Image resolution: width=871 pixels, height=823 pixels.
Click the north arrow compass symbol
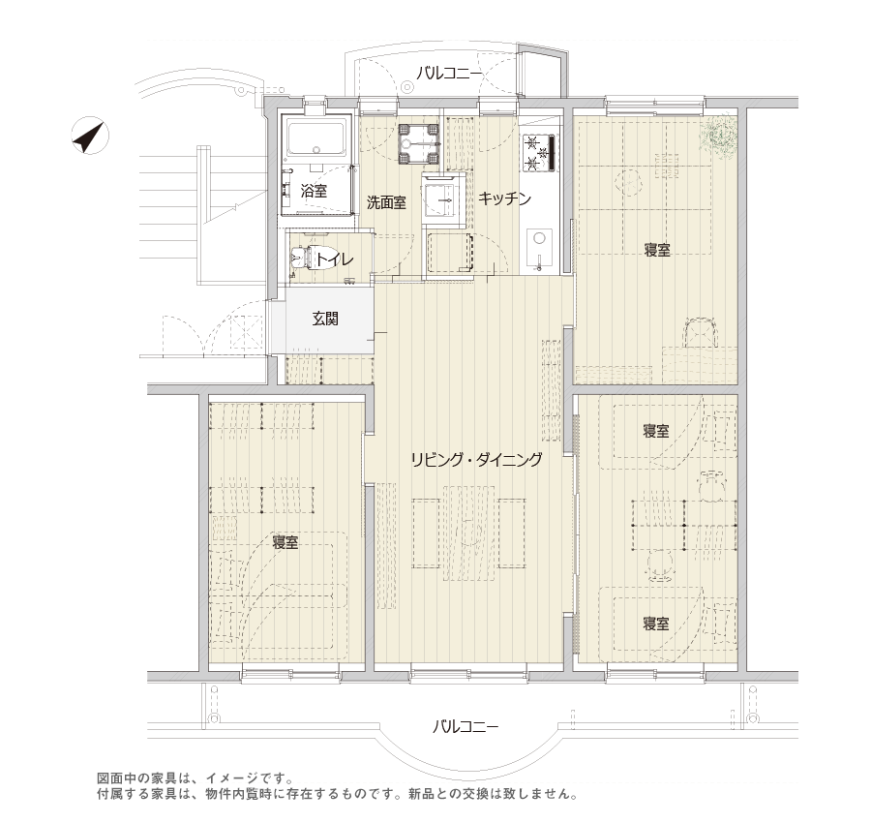(90, 136)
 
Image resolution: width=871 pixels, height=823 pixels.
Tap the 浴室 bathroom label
(314, 192)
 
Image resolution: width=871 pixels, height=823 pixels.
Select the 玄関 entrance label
(325, 319)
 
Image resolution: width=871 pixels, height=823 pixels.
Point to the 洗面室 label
(386, 202)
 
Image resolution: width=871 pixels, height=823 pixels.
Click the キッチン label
(504, 198)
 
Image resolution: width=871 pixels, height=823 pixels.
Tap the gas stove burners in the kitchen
(538, 153)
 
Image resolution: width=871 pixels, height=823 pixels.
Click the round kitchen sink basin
(539, 238)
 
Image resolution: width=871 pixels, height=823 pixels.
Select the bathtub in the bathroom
(316, 138)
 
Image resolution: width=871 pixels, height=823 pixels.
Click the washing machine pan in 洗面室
(419, 143)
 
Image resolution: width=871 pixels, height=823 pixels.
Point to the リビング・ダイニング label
(476, 460)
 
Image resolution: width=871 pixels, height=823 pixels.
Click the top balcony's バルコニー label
(450, 73)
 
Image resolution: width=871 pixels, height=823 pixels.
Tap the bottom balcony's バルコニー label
(466, 726)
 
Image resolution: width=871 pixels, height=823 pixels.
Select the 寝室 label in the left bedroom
(285, 542)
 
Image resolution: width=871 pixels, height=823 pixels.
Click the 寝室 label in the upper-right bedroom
(657, 250)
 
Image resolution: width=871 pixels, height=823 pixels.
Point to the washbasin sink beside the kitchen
(443, 198)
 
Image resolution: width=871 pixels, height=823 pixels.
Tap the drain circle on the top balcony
(408, 87)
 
